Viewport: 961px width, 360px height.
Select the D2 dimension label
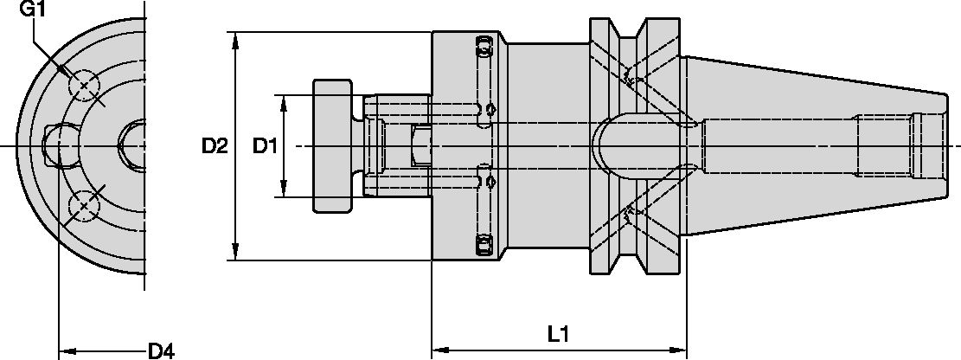tap(215, 146)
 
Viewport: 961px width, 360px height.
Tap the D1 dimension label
tap(265, 146)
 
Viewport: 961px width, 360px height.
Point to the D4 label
tap(161, 350)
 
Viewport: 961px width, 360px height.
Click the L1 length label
tap(559, 332)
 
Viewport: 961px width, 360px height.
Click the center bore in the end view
tap(134, 146)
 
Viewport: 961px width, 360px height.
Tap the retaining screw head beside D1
tap(332, 146)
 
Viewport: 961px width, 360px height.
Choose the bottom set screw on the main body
tap(484, 246)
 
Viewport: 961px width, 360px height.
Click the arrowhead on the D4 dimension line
tap(66, 351)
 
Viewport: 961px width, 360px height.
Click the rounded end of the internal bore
tap(602, 146)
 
